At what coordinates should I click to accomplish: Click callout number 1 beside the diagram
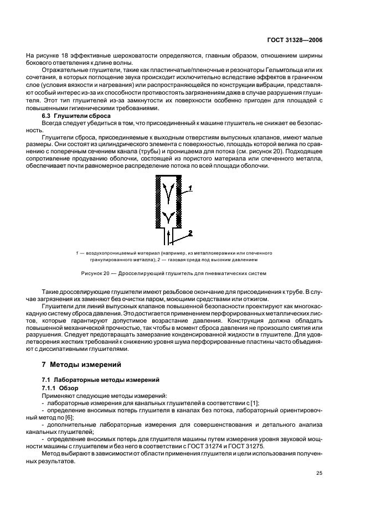click(190, 188)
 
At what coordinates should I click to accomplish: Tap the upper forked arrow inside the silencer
click(168, 191)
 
